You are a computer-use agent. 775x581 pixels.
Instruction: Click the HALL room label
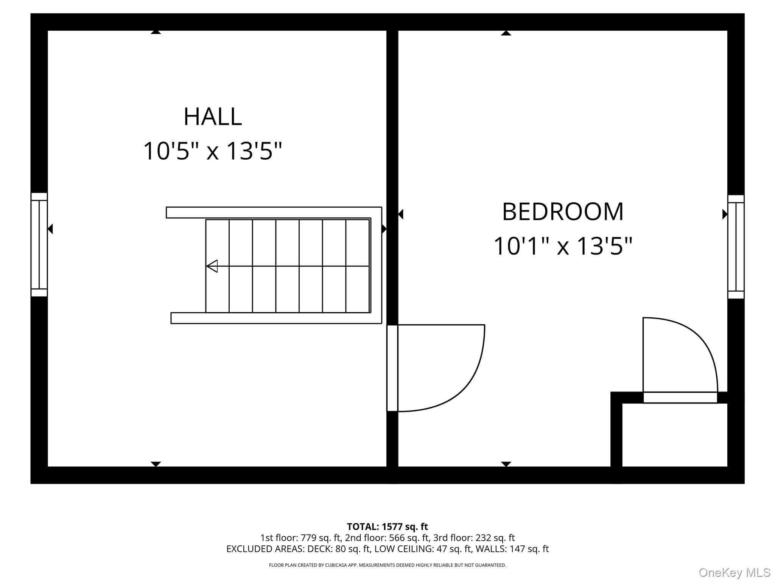click(213, 117)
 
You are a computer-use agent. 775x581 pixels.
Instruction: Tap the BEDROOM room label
click(563, 212)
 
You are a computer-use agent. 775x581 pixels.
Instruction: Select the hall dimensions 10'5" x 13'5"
click(213, 151)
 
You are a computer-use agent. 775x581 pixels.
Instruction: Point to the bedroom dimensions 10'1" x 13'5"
click(563, 246)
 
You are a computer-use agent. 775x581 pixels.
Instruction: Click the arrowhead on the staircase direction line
click(212, 266)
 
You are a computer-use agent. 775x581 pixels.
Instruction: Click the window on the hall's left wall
click(39, 244)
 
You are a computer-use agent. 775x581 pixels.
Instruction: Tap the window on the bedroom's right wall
click(736, 247)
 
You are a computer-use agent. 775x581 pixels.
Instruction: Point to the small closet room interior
click(675, 435)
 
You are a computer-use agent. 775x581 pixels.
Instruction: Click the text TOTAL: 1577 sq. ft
click(387, 527)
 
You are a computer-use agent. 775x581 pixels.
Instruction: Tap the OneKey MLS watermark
click(734, 573)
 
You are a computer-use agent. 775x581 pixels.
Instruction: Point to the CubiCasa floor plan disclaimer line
click(387, 565)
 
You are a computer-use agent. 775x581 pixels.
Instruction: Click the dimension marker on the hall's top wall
click(156, 32)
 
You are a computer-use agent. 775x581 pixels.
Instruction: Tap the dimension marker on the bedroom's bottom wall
click(506, 464)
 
